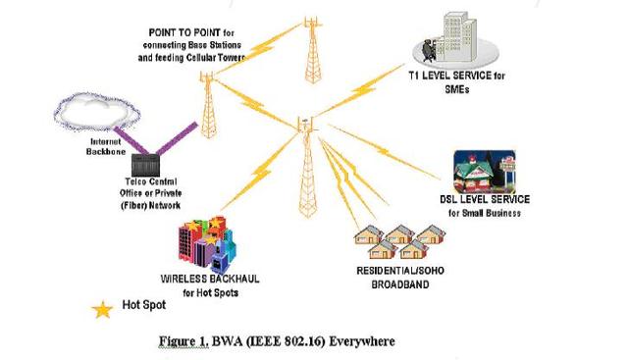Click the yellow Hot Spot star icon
(102, 310)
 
